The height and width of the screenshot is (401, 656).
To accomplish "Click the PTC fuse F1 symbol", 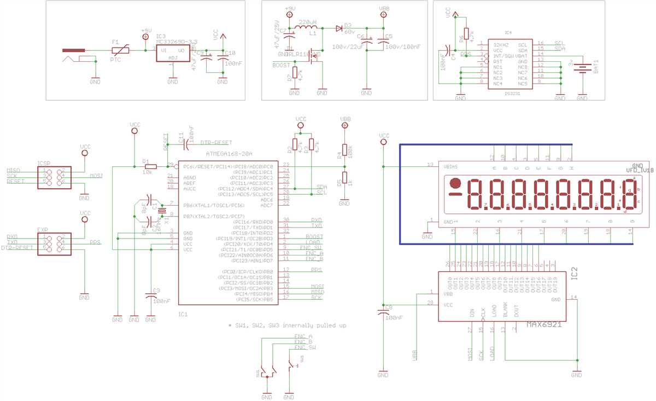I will click(x=119, y=50).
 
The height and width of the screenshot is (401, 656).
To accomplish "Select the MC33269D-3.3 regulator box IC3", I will click(x=172, y=52).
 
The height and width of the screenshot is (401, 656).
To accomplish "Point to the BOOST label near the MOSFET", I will click(x=281, y=65).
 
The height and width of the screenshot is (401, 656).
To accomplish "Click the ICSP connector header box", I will click(x=53, y=176).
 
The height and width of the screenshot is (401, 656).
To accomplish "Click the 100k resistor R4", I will click(x=344, y=152).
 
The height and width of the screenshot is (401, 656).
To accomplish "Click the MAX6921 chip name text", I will click(x=544, y=324).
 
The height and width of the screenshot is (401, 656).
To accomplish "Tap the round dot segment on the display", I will click(x=454, y=183).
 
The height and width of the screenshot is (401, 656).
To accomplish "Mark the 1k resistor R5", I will click(x=344, y=179).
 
